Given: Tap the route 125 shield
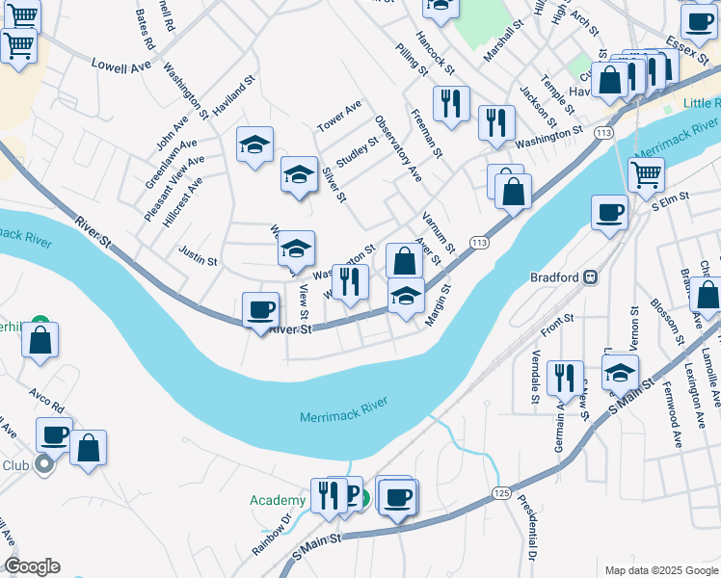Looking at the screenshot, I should (x=501, y=492).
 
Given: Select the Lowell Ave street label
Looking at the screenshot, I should (x=121, y=66).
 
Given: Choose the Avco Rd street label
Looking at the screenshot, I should (x=45, y=397).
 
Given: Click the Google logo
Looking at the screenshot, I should (x=32, y=566).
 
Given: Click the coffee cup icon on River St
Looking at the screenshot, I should (x=260, y=311).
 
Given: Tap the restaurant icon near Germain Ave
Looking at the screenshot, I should (x=564, y=378).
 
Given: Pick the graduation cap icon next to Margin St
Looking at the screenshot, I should (x=406, y=298).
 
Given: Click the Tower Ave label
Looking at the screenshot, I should (x=339, y=116).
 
